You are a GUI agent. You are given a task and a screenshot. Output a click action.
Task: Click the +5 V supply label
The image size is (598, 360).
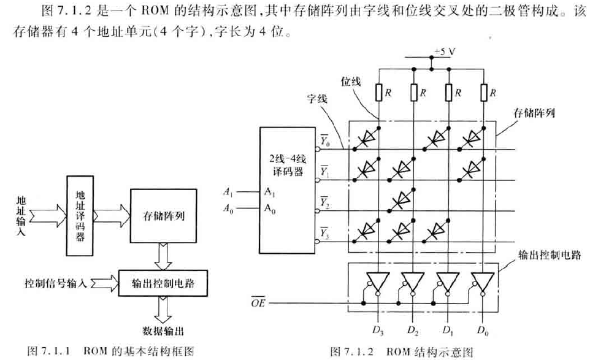[442, 52]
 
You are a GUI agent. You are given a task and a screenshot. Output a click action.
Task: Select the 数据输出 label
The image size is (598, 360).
[163, 332]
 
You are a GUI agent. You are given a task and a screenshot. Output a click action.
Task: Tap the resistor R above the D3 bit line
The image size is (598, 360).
[380, 93]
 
